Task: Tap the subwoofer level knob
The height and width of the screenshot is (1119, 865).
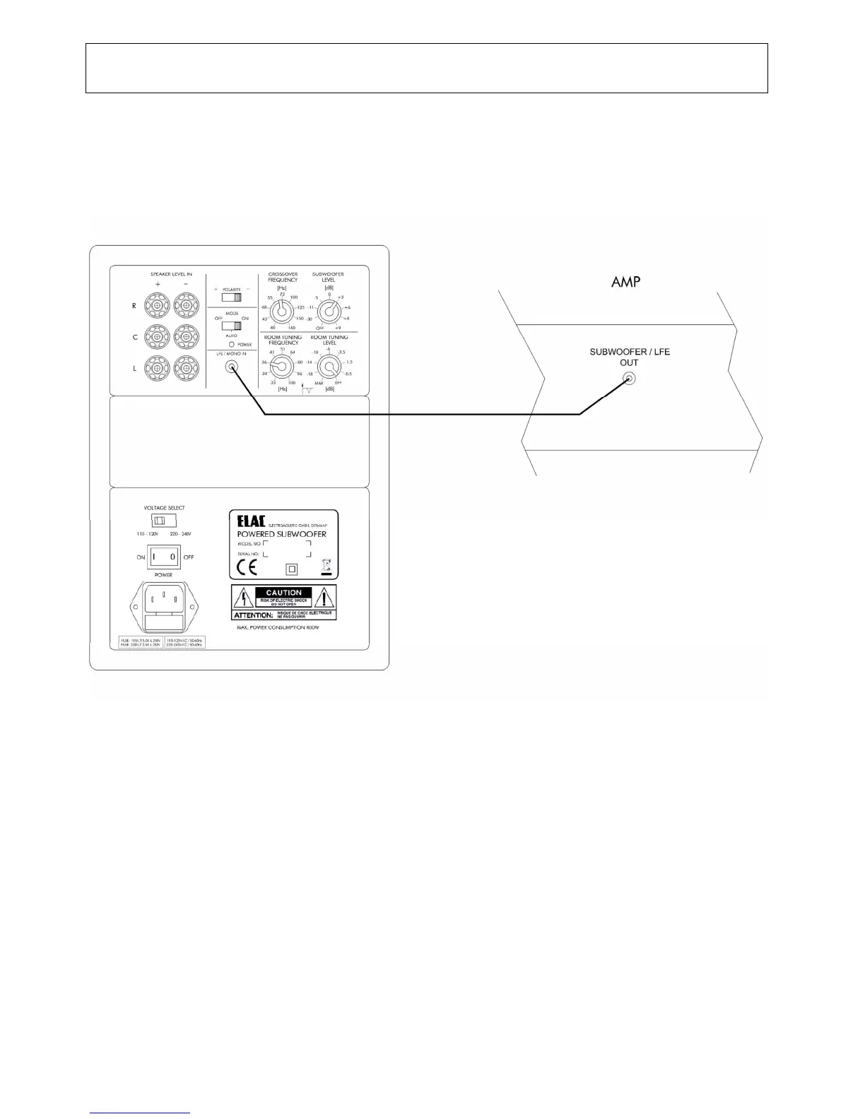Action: click(327, 309)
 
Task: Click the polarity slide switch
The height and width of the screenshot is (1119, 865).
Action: click(232, 297)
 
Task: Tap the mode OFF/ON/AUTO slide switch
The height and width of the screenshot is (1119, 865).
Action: click(232, 326)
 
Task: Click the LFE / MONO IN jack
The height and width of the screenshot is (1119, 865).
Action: click(230, 367)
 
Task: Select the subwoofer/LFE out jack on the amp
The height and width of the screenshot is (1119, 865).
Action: click(629, 380)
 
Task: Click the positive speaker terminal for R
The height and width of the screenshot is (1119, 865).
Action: click(157, 306)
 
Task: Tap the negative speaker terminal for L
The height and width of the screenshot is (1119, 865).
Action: click(186, 367)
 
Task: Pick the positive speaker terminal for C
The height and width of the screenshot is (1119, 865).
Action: click(157, 337)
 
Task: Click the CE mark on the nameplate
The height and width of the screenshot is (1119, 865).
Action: click(247, 567)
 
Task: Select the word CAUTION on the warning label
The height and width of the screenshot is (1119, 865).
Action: click(283, 593)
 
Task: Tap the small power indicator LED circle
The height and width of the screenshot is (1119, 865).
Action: click(232, 343)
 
